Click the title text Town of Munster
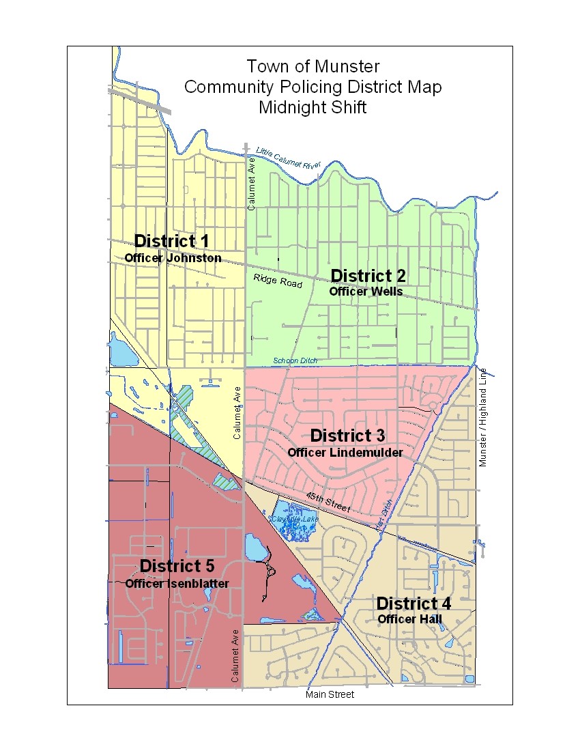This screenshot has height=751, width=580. tap(313, 66)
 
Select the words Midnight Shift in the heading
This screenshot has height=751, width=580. tap(313, 107)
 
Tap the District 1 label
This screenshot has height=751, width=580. tap(171, 241)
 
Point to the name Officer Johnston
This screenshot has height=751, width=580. tap(173, 258)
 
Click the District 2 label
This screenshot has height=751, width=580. tap(368, 276)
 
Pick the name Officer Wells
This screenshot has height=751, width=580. tap(366, 292)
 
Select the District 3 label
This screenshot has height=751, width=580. tap(347, 436)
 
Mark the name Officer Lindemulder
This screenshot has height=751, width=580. tap(345, 452)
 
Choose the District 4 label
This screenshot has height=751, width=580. tap(413, 604)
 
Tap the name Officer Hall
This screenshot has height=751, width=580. tap(410, 619)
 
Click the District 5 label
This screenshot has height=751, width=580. tap(177, 566)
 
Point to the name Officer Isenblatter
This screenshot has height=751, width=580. tap(177, 583)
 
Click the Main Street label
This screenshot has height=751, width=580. tap(330, 694)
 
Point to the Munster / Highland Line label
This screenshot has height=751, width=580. tap(483, 417)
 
